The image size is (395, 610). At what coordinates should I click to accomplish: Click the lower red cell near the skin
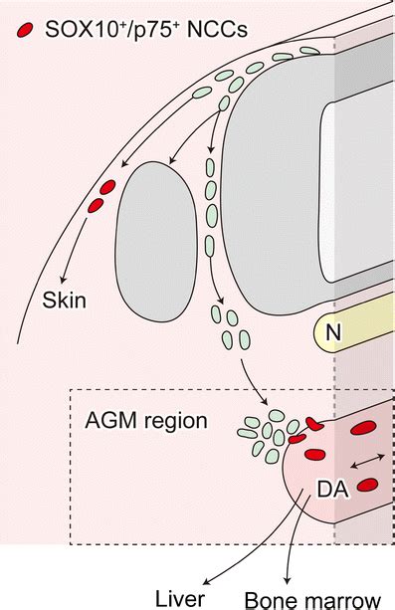pyautogui.click(x=96, y=204)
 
